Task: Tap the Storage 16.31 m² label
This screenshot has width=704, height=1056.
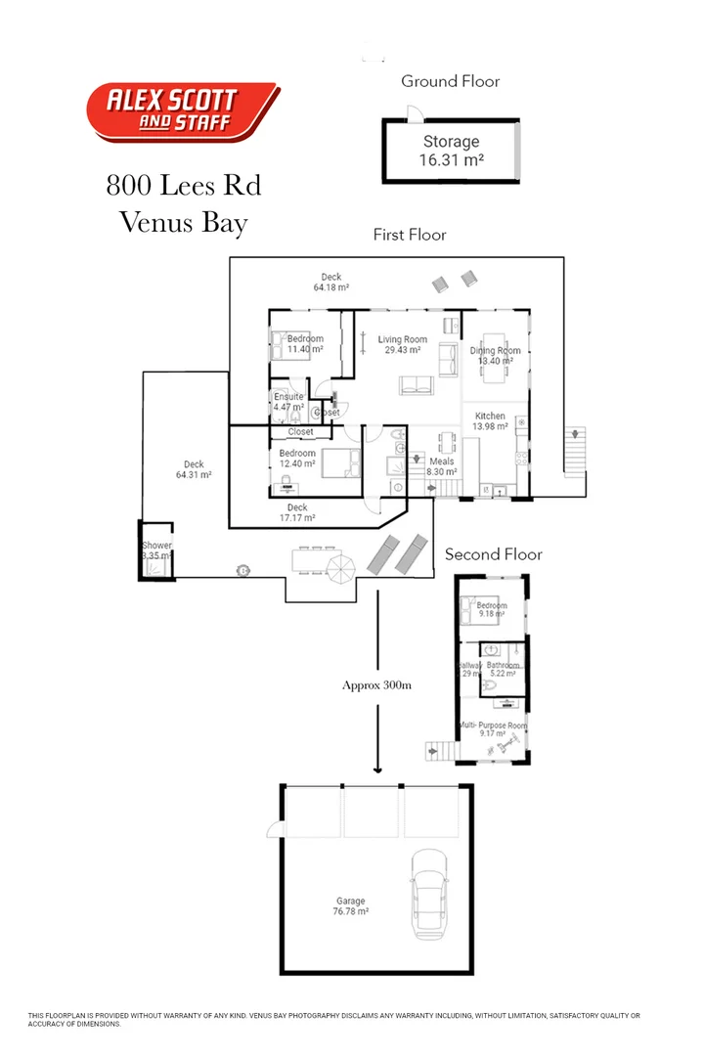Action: (451, 152)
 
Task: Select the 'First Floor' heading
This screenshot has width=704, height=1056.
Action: (409, 235)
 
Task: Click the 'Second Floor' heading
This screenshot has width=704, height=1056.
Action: (493, 554)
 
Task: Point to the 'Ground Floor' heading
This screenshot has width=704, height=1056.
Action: (450, 81)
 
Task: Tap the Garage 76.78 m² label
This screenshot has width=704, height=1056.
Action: (350, 906)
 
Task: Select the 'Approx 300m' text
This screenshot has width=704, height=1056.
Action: (376, 685)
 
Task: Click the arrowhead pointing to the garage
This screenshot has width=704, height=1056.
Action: (376, 769)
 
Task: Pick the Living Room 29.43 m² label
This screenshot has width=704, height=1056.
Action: (403, 345)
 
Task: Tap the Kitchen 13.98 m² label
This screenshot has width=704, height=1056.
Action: (490, 421)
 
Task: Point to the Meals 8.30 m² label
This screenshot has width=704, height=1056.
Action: (441, 465)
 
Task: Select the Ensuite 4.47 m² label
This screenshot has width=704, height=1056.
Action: (288, 402)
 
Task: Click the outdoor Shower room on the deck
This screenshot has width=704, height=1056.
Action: (156, 551)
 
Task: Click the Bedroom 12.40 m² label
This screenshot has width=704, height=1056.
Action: (297, 459)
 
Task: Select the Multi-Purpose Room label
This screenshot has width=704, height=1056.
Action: (493, 729)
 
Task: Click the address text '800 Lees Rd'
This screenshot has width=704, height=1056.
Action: (183, 185)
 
